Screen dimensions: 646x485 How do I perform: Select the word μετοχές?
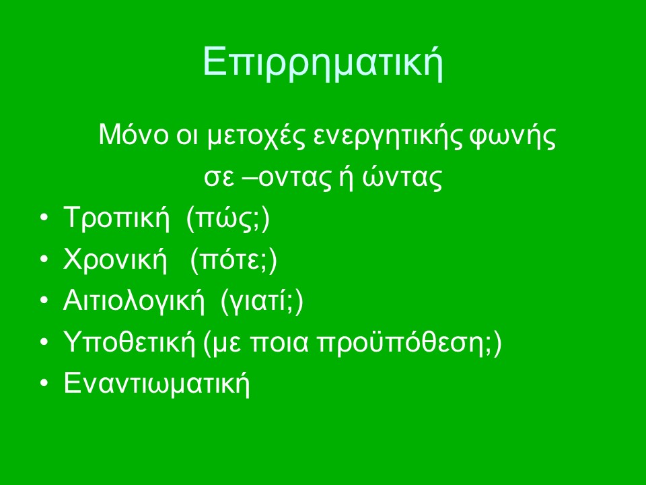click(256, 136)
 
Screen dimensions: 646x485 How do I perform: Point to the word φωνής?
click(513, 136)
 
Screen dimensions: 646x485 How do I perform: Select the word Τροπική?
click(116, 218)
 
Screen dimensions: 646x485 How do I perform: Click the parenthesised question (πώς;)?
click(228, 218)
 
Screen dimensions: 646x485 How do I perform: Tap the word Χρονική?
click(115, 259)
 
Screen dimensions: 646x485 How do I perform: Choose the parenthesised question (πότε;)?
click(234, 259)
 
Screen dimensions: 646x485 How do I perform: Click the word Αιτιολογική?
click(134, 300)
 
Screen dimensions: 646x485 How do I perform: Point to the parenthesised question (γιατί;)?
click(262, 300)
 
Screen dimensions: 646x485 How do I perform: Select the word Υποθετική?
click(129, 342)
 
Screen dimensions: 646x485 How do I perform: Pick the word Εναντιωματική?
click(157, 383)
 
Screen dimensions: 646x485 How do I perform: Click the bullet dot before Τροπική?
click(44, 218)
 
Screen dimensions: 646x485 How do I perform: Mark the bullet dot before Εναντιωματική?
click(44, 383)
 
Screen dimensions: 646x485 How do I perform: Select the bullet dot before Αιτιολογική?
click(44, 300)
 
